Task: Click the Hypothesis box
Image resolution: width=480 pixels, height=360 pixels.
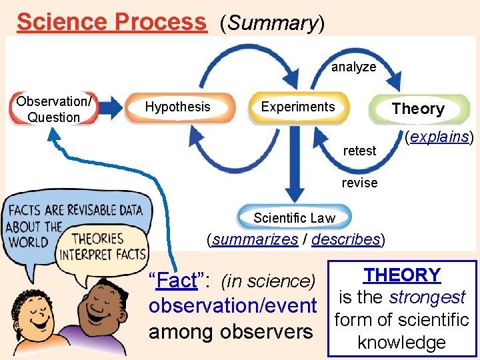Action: point(178,107)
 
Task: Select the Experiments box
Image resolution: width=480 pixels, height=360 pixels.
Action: point(298,107)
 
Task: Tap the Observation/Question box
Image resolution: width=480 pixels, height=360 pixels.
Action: point(53,109)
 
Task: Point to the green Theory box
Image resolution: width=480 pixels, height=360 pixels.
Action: point(418,109)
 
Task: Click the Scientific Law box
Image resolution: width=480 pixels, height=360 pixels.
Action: point(294,218)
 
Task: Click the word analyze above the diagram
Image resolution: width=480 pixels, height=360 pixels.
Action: point(353,67)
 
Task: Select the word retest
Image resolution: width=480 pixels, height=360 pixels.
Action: point(359,151)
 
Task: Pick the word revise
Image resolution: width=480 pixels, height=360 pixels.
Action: point(359,183)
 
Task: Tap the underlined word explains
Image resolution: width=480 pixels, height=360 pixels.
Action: point(440,137)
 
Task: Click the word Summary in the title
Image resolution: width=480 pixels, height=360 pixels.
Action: point(271,23)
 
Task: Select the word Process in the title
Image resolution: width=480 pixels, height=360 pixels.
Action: point(160,22)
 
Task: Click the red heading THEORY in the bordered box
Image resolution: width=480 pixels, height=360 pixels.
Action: point(402,275)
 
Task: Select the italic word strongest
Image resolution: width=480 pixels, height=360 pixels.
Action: point(427,297)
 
